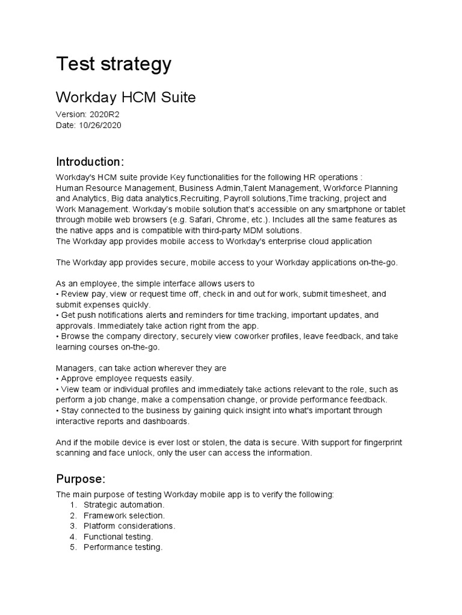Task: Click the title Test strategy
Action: pyautogui.click(x=113, y=64)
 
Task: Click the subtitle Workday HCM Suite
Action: pyautogui.click(x=126, y=97)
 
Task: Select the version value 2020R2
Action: pyautogui.click(x=106, y=114)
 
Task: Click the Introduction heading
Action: pyautogui.click(x=90, y=162)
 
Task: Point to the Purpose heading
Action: pyautogui.click(x=81, y=479)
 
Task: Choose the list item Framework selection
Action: pyautogui.click(x=124, y=516)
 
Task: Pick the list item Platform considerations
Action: pyautogui.click(x=129, y=526)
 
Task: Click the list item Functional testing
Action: pyautogui.click(x=118, y=537)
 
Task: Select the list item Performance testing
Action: pyautogui.click(x=123, y=548)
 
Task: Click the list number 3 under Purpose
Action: pyautogui.click(x=72, y=526)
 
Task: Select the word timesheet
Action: pyautogui.click(x=344, y=294)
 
